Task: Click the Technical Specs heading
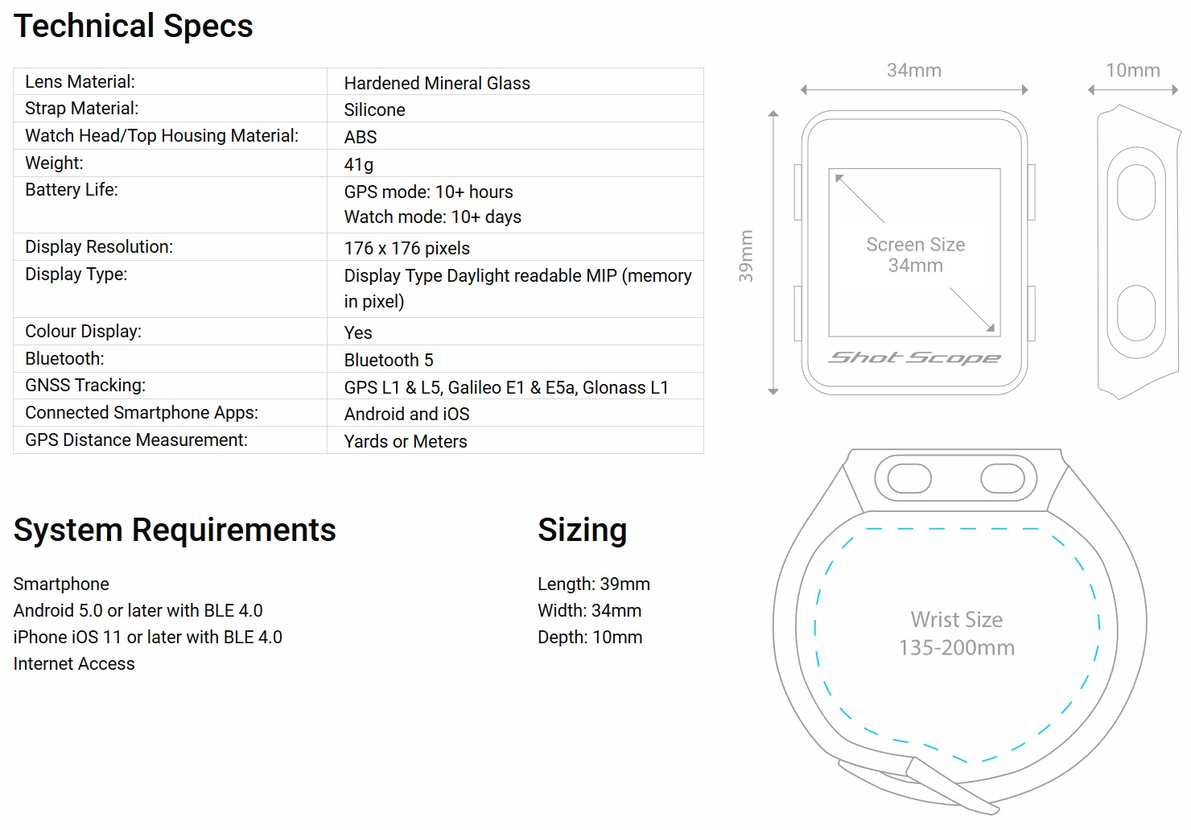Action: point(134,26)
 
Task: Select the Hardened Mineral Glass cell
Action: point(437,83)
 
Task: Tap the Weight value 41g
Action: point(359,164)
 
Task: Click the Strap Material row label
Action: point(81,109)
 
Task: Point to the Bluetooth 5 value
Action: point(389,360)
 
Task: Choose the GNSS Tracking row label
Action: point(85,386)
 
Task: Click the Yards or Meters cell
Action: point(406,441)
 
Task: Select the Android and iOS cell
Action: point(406,414)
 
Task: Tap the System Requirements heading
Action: point(175,530)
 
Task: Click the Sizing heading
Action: point(582,530)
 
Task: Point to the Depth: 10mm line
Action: point(590,638)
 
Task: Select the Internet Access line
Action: point(74,664)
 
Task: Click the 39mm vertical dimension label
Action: point(747,256)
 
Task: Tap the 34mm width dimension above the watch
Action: point(914,71)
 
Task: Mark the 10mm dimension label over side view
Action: point(1132,71)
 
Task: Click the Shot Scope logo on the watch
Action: point(915,357)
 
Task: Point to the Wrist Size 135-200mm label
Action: point(957,634)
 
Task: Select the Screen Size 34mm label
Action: point(916,254)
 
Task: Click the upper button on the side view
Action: point(1136,192)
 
